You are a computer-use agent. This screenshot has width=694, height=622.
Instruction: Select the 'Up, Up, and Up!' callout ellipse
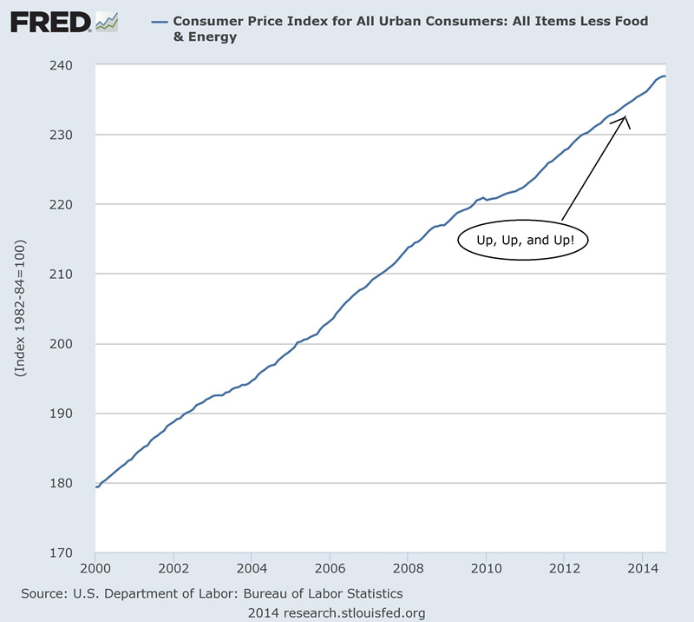coord(523,241)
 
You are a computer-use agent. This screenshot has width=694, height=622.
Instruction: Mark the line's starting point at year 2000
coord(95,486)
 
